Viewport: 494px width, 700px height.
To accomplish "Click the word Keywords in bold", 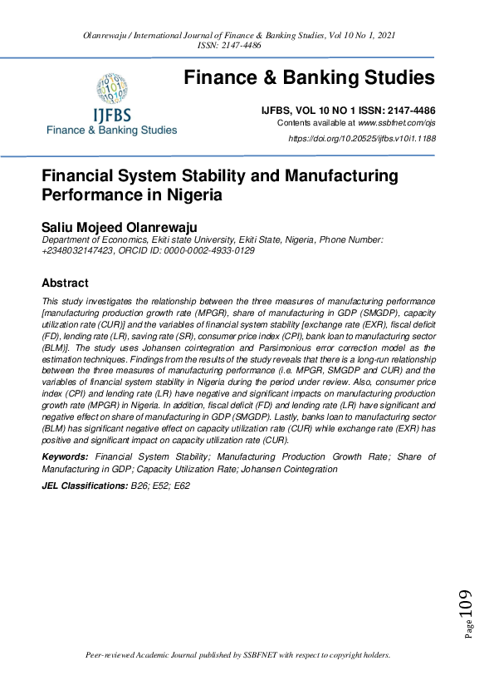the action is point(65,457).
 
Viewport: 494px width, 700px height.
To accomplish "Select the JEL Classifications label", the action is point(80,485).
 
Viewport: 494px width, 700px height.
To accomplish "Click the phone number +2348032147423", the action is point(76,249).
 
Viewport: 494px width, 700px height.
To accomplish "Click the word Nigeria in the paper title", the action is point(188,195).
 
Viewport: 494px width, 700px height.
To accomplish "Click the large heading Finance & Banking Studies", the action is point(309,78).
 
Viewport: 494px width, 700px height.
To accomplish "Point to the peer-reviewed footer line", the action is point(238,655).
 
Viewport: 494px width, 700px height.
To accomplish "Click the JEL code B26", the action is point(133,485).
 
